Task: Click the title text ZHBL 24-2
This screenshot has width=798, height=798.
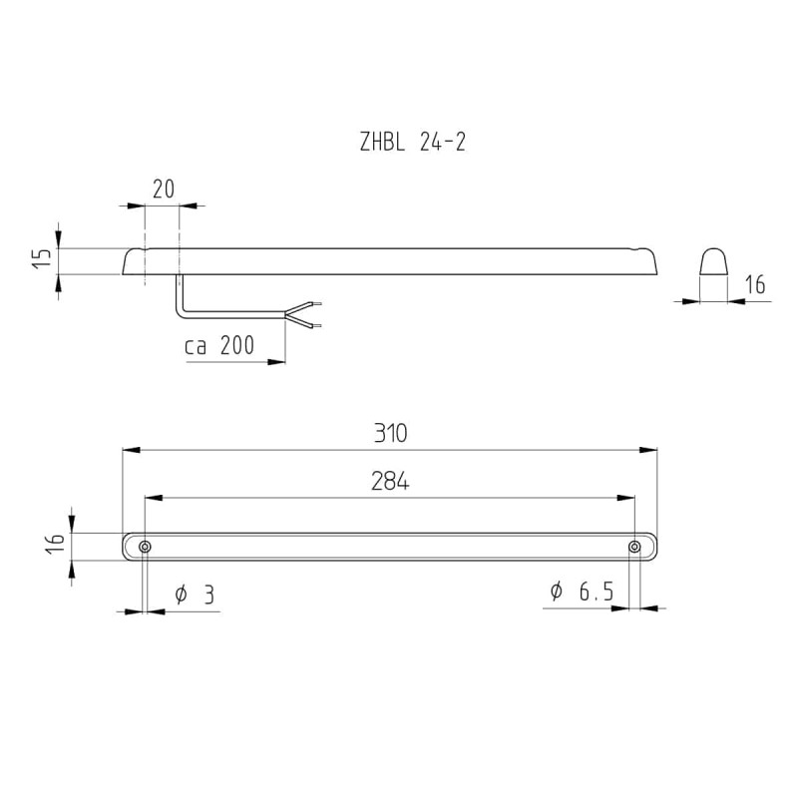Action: (x=412, y=143)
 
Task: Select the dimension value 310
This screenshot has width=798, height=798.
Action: (x=390, y=434)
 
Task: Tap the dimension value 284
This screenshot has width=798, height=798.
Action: (x=390, y=482)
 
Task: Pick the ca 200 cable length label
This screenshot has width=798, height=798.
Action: (x=219, y=346)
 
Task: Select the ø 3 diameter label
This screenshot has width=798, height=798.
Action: (x=195, y=595)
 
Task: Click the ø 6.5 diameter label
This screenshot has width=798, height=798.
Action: (x=581, y=592)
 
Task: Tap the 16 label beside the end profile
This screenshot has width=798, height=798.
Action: (x=754, y=285)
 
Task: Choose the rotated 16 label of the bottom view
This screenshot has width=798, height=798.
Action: (x=56, y=544)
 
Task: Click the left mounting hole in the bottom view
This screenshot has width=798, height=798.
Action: (x=146, y=547)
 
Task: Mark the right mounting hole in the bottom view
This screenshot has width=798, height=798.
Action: (x=634, y=547)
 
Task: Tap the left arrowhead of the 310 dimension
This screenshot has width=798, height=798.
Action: (x=129, y=450)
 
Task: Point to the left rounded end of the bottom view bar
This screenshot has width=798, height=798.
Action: (x=126, y=547)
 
